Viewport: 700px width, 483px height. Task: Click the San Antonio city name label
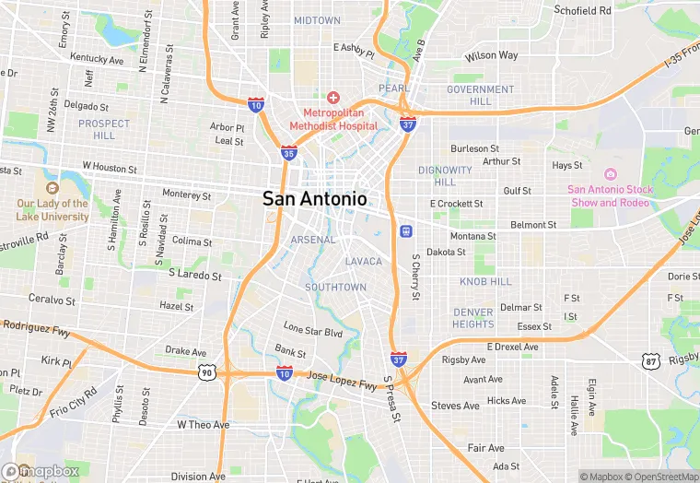(x=315, y=198)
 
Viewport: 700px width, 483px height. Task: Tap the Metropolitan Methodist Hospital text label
(x=333, y=119)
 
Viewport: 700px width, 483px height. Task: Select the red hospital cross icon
(x=333, y=98)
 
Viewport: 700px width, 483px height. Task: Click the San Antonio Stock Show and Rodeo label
(x=609, y=195)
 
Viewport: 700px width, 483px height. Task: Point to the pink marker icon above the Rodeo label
(x=609, y=174)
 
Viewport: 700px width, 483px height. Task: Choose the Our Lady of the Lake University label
(x=52, y=210)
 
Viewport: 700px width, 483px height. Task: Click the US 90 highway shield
(x=205, y=371)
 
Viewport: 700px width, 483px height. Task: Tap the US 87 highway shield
(x=651, y=359)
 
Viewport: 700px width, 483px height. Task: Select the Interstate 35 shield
(x=288, y=154)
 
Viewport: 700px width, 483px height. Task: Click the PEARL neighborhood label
(x=393, y=88)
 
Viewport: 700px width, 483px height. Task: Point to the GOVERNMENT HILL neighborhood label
(x=481, y=95)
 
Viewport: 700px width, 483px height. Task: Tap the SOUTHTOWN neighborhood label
(x=335, y=288)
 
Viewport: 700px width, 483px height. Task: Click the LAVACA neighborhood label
(x=363, y=262)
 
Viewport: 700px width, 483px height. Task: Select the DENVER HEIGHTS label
(x=473, y=318)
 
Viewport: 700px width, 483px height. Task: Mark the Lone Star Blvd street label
(x=313, y=330)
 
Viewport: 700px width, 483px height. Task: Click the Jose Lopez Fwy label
(x=342, y=380)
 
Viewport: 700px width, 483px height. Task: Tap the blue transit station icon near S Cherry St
(x=405, y=230)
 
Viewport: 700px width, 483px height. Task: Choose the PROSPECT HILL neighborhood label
(x=104, y=129)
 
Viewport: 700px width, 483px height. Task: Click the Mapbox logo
(x=41, y=471)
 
